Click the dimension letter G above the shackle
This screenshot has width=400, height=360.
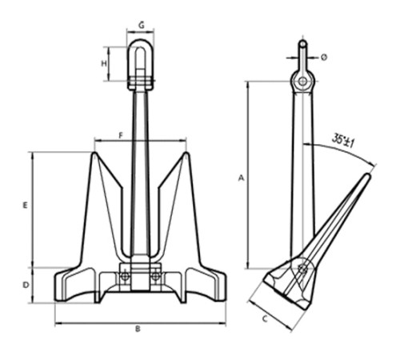point(142,25)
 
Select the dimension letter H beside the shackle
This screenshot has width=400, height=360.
point(104,63)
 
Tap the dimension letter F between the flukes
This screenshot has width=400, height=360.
point(121,136)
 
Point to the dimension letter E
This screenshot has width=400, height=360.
point(25,206)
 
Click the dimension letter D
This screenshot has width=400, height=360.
point(26,285)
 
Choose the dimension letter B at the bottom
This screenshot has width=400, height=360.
point(138,329)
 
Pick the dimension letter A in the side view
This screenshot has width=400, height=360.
point(241,178)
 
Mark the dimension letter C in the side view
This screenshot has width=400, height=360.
point(265,318)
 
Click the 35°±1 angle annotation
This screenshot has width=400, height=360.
point(343,141)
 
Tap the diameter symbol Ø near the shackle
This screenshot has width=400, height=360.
point(324,57)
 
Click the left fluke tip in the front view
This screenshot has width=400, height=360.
point(94,154)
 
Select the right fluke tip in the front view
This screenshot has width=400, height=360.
point(186,154)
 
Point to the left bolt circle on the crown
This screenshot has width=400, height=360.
point(125,276)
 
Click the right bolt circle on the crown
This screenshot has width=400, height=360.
point(155,276)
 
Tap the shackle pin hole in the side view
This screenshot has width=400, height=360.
point(302,81)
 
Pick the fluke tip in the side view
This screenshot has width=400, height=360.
point(369,175)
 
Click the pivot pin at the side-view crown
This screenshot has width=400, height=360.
point(302,268)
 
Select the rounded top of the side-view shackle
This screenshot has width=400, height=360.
point(302,42)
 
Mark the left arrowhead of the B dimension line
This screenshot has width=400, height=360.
point(58,324)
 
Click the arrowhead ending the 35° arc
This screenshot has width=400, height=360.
point(374,165)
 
